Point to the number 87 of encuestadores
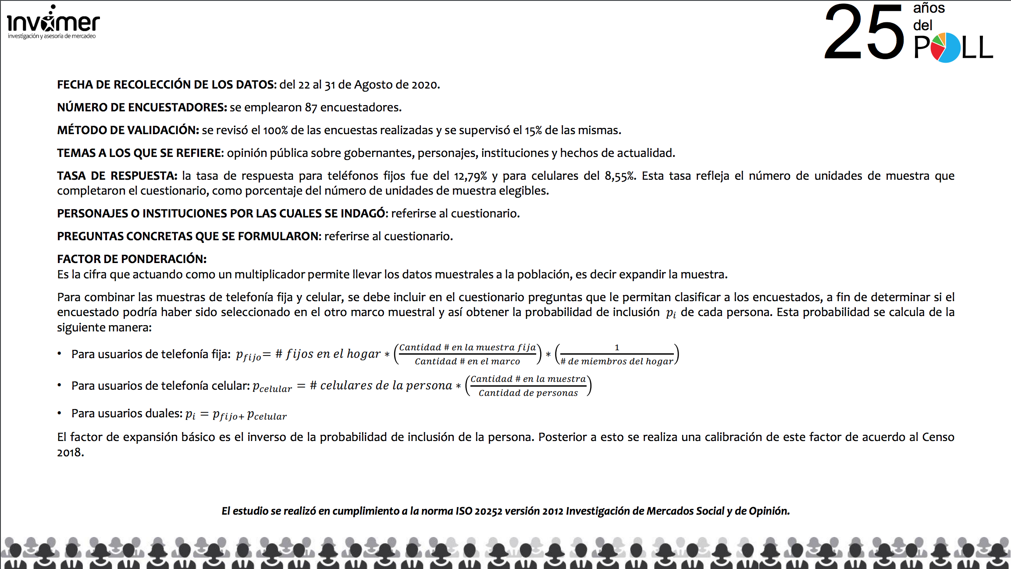[x=311, y=107]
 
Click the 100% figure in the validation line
[x=275, y=130]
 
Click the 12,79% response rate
[x=470, y=176]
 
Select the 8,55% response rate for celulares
[x=620, y=176]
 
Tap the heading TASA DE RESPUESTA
[x=117, y=176]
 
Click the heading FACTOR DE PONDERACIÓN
[x=132, y=259]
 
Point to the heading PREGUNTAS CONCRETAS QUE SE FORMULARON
[x=189, y=236]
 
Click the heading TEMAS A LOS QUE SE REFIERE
[x=140, y=153]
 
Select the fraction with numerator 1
[x=616, y=354]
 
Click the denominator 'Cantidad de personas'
[x=528, y=393]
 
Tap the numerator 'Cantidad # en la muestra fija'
[x=467, y=348]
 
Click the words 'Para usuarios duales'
[x=126, y=413]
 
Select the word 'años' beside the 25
[x=929, y=8]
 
